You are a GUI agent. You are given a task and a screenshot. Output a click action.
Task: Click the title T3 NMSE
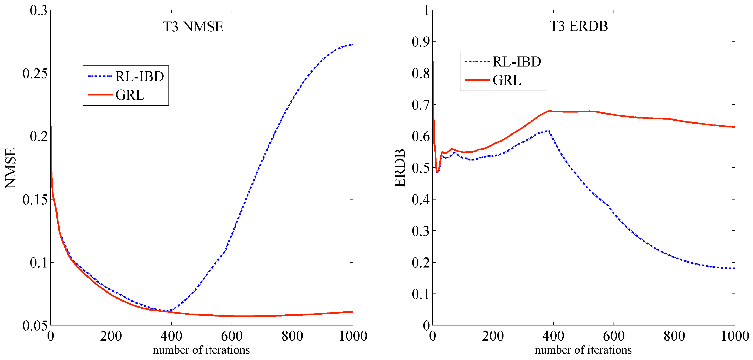[193, 27]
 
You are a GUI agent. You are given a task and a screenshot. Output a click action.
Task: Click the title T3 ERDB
[579, 26]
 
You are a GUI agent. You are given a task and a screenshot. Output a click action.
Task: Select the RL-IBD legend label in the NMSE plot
[139, 77]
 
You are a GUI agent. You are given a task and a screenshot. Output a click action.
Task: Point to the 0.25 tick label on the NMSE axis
[35, 73]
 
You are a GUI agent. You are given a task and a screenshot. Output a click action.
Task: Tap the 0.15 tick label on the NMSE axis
[35, 200]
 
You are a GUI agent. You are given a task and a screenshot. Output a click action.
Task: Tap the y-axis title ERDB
[400, 168]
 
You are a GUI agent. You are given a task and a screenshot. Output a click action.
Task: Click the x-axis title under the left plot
[201, 350]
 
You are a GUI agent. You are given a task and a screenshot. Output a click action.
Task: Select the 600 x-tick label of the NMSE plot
[232, 336]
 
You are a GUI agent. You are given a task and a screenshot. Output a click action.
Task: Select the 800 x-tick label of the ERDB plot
[674, 336]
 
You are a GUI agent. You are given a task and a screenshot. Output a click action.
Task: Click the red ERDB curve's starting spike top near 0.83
[433, 62]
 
